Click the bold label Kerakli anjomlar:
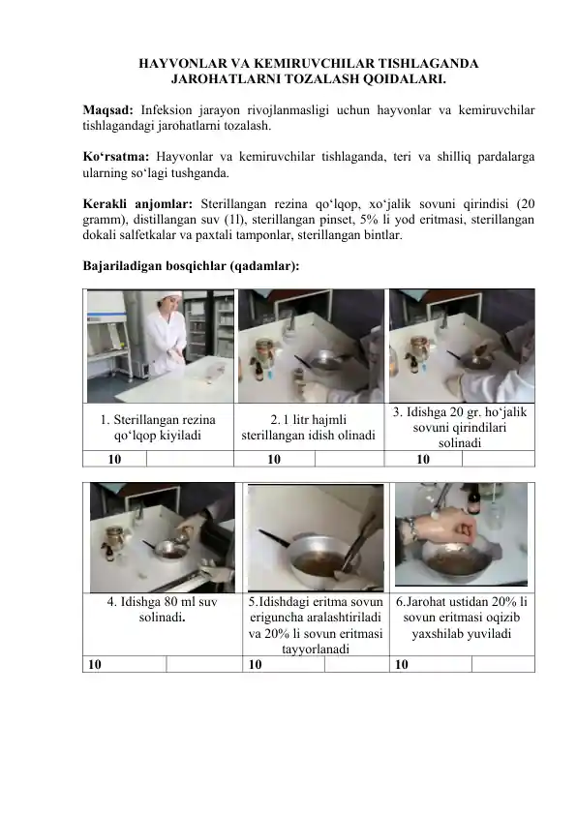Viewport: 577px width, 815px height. point(131,204)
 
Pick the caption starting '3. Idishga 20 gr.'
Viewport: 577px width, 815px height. point(460,428)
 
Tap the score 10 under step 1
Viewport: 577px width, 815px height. point(115,460)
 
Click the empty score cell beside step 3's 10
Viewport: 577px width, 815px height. point(496,460)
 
